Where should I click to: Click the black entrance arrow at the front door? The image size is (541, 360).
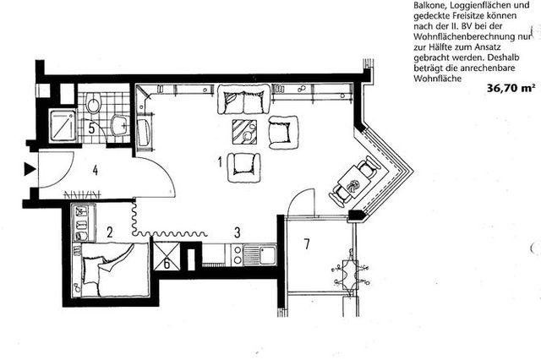click(30, 169)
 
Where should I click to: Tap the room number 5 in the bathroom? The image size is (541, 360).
click(91, 128)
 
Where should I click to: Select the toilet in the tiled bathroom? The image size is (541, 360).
click(93, 102)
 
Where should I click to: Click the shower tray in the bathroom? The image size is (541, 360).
click(63, 125)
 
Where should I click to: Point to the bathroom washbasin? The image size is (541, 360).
click(119, 123)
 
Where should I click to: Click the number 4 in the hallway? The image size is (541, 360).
click(96, 171)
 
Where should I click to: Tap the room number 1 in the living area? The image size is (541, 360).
click(220, 161)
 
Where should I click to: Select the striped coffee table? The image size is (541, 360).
click(244, 132)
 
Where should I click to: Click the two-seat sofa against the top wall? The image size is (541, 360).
click(244, 100)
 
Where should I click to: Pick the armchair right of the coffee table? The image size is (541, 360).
click(283, 133)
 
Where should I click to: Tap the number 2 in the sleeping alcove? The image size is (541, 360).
click(110, 232)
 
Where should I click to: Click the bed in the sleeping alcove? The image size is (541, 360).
click(111, 270)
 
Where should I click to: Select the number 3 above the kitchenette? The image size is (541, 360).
click(237, 232)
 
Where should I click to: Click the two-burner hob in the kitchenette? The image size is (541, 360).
click(237, 254)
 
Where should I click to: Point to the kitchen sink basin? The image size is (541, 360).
click(267, 254)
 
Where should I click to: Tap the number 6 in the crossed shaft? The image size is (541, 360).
click(167, 265)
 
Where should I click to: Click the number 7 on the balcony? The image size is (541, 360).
click(307, 243)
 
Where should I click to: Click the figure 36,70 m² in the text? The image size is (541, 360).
click(511, 88)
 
